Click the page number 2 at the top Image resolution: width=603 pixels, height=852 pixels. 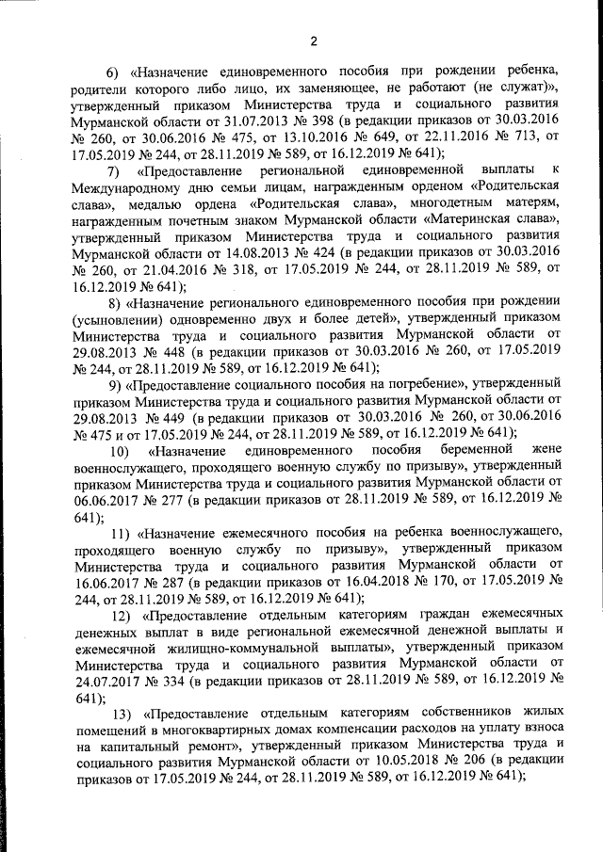coord(314,40)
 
